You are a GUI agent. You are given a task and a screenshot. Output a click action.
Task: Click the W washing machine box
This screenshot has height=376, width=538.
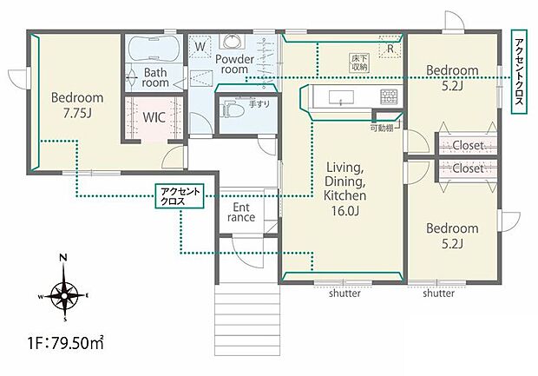point(200,46)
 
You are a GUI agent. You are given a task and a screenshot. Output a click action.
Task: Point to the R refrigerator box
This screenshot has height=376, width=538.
point(390,46)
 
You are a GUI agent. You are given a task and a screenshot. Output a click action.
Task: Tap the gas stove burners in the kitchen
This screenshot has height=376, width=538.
point(389,96)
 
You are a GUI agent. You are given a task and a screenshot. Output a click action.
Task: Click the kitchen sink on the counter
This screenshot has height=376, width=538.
point(341,97)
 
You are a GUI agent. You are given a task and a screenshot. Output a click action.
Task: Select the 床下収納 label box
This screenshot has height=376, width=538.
point(359,63)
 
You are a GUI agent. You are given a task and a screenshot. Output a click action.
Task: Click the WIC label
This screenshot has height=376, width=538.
point(154,117)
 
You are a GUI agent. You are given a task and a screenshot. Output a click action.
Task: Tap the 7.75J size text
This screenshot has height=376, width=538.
point(77,113)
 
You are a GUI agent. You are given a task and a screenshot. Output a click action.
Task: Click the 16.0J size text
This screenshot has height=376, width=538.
point(344,210)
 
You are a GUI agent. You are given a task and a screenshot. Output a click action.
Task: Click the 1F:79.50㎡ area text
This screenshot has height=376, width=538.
point(66,342)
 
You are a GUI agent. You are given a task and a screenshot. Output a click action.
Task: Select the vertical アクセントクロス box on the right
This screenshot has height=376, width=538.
point(519,71)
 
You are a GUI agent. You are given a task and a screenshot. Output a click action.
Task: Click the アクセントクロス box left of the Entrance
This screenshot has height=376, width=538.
point(180,196)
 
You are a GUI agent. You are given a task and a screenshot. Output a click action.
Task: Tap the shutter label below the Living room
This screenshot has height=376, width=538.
point(344,294)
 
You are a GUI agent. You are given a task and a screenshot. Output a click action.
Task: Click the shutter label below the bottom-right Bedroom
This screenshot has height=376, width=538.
point(439,294)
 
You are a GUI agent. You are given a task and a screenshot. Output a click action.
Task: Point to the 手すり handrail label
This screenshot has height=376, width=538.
point(259,104)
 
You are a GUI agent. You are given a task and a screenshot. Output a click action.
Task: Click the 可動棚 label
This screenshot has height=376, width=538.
point(382,129)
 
